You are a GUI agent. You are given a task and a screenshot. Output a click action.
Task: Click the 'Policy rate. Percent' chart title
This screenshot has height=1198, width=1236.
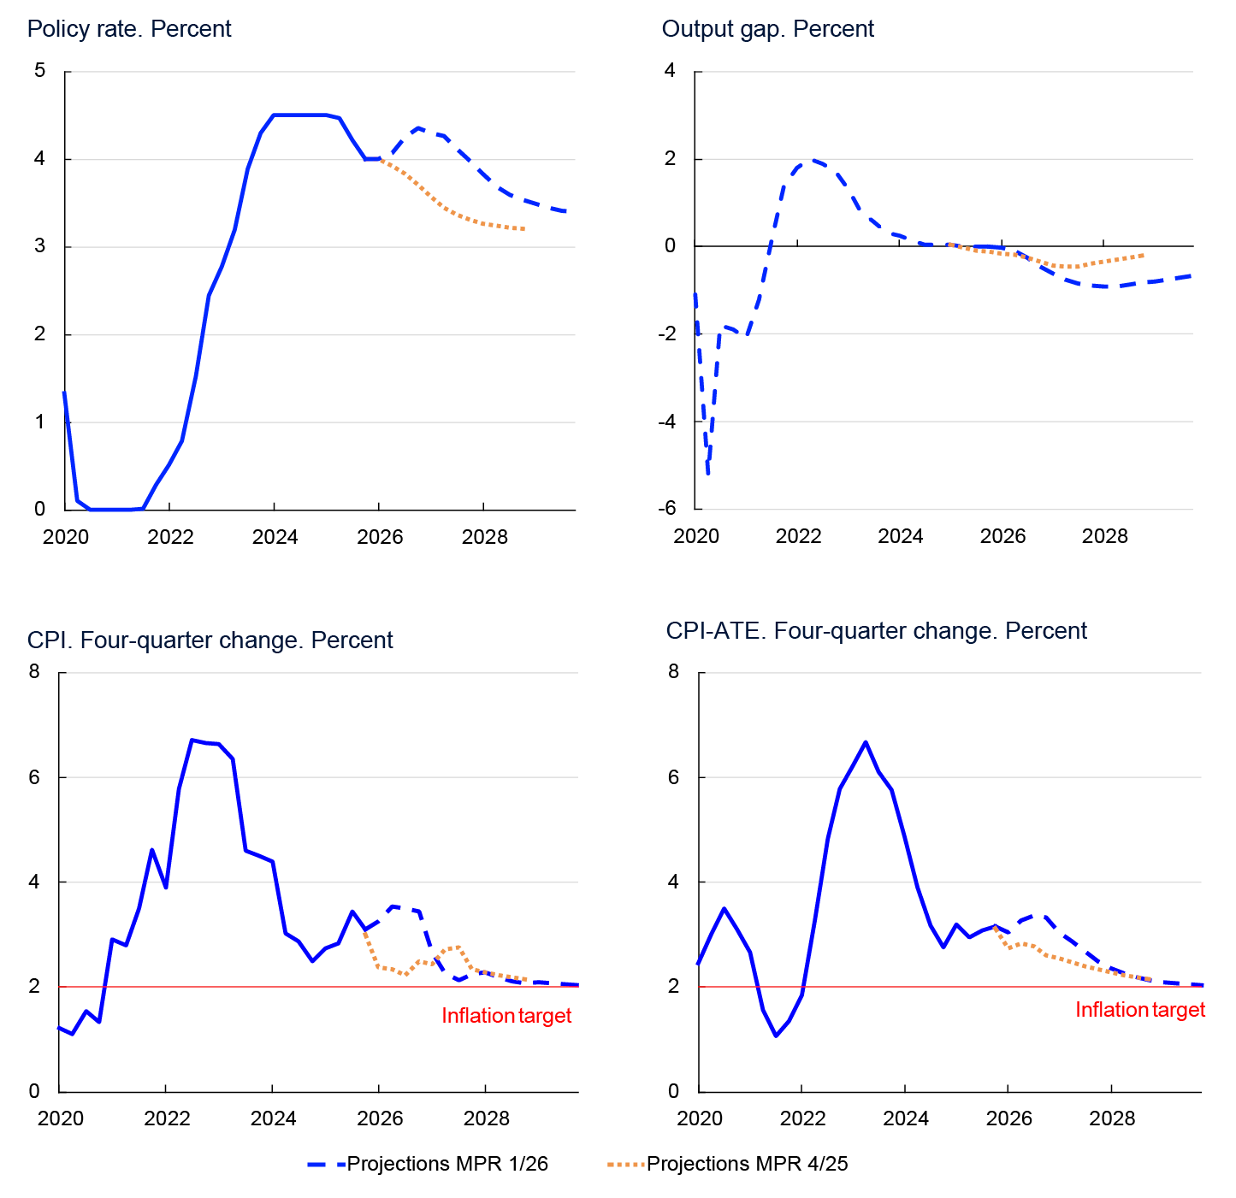click(x=129, y=29)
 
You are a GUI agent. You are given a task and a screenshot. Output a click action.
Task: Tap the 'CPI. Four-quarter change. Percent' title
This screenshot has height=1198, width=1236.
click(x=210, y=640)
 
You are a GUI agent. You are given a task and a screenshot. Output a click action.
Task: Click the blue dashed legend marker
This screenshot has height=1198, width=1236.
click(x=326, y=1165)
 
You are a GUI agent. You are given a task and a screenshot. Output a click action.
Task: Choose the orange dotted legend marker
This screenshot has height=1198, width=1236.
click(x=626, y=1165)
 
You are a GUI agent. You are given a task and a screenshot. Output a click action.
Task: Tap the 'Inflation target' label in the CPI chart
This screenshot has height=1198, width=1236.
click(x=506, y=1016)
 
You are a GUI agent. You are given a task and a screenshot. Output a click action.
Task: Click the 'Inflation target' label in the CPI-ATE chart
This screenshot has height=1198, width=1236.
click(x=1139, y=1010)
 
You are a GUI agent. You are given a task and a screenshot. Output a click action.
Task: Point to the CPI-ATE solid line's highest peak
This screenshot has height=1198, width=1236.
click(x=866, y=742)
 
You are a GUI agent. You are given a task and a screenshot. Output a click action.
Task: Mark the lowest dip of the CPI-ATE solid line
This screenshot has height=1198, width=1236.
click(x=776, y=1036)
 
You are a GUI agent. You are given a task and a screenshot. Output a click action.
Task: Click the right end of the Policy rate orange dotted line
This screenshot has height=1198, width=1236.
click(x=523, y=229)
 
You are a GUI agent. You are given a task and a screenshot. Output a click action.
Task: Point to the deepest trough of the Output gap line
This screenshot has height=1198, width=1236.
click(x=708, y=473)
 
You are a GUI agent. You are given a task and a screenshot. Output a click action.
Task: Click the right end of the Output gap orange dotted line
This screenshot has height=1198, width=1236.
click(x=1144, y=255)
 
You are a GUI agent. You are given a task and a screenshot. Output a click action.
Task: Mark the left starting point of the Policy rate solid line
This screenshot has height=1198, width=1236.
click(x=64, y=392)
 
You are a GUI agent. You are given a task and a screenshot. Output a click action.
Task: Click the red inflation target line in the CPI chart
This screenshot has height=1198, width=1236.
click(x=257, y=987)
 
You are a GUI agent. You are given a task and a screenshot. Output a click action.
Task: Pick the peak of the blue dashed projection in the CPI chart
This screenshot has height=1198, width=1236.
click(x=394, y=906)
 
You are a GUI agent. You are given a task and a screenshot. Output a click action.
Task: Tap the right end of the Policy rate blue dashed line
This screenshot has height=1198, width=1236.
click(x=566, y=211)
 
